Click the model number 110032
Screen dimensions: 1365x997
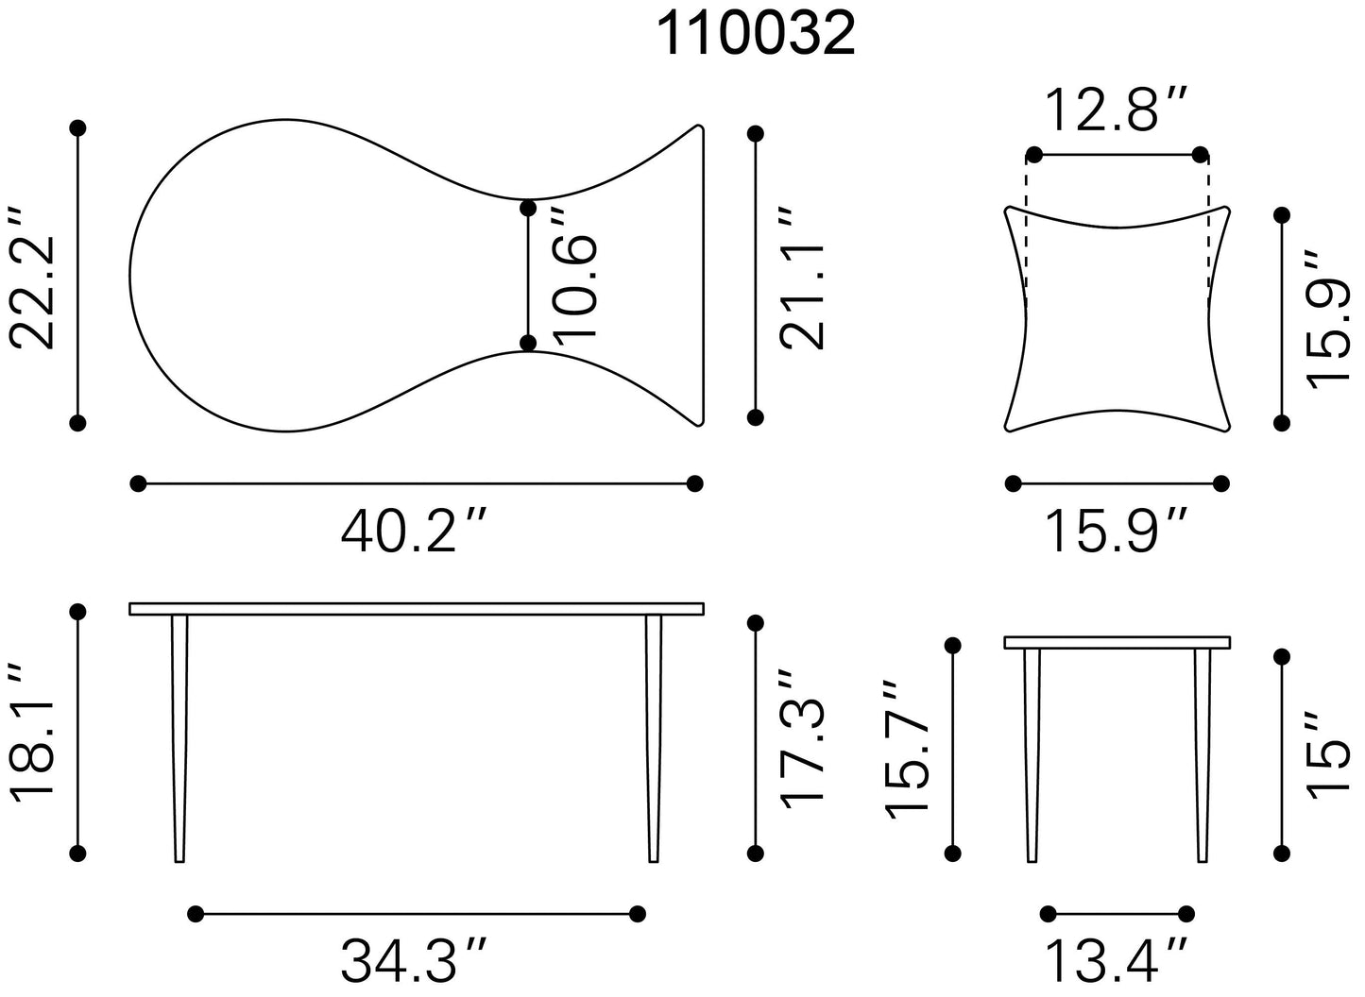[x=756, y=35]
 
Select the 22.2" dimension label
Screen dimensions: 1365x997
[x=33, y=278]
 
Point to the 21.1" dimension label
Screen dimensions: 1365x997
[x=802, y=278]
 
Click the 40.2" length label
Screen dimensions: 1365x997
[x=415, y=532]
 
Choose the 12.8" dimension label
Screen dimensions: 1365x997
[x=1117, y=110]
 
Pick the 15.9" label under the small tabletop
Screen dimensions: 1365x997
[x=1117, y=532]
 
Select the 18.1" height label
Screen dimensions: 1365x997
[x=33, y=733]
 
